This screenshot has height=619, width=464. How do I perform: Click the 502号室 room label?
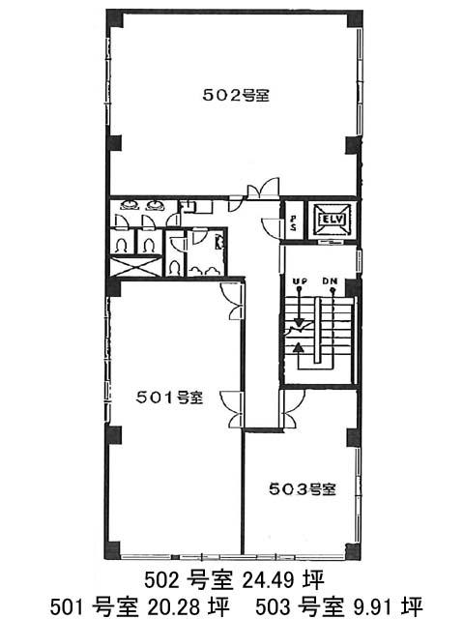(x=236, y=95)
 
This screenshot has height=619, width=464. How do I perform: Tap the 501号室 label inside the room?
(x=169, y=398)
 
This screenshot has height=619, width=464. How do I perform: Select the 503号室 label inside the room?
(x=303, y=489)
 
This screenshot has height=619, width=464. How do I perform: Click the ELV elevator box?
(x=332, y=220)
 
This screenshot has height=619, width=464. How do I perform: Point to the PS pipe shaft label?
(x=294, y=223)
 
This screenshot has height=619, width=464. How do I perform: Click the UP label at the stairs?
(x=301, y=281)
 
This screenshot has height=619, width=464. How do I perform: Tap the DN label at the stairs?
(x=330, y=281)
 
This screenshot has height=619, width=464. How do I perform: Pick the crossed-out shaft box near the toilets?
(x=136, y=267)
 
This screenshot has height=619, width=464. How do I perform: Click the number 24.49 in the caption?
(x=269, y=580)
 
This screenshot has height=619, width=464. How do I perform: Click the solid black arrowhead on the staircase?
(x=299, y=347)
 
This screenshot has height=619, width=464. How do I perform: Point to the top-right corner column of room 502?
(x=355, y=19)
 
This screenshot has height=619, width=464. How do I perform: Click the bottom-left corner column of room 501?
(x=112, y=550)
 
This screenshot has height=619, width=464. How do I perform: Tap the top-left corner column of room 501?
(x=114, y=288)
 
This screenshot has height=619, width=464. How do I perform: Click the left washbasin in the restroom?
(x=130, y=205)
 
